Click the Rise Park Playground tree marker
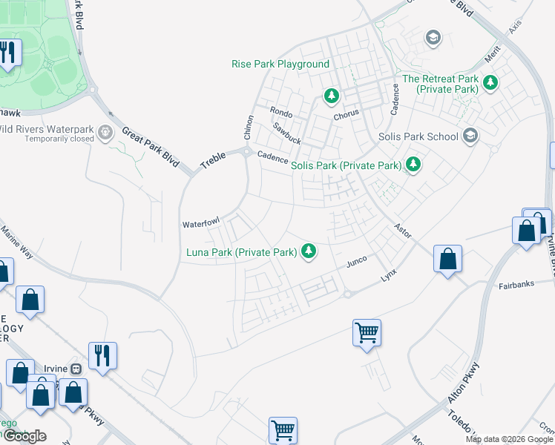pos(331,96)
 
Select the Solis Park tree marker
pos(413,164)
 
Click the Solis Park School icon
pos(470,136)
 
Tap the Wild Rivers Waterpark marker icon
pos(105,133)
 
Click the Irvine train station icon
pos(76,369)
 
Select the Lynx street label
pos(390,274)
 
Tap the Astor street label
pos(403,230)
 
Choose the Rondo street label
pos(281,113)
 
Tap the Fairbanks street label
pos(516,285)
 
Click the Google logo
pos(24,436)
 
